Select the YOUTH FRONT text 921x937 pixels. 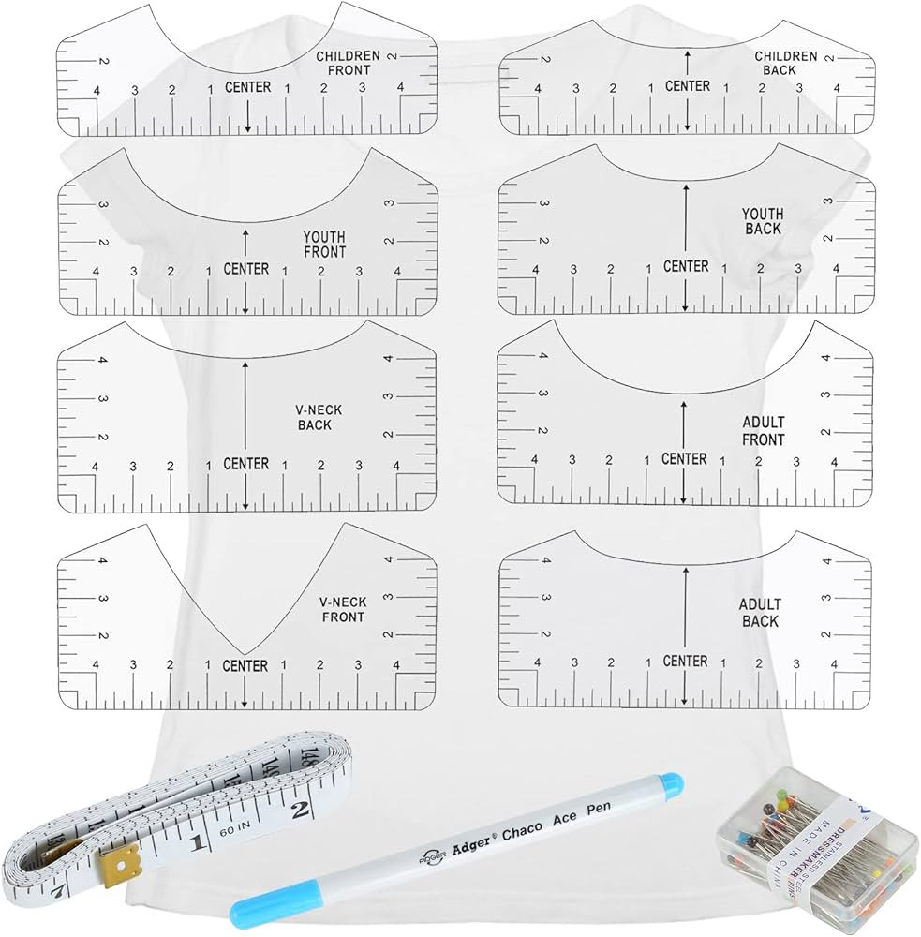[x=324, y=245]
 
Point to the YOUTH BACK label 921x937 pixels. [x=763, y=222]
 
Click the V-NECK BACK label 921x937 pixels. [x=312, y=418]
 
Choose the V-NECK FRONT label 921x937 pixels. [x=342, y=610]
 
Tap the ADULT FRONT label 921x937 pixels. [x=763, y=431]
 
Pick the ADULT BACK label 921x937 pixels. [x=759, y=613]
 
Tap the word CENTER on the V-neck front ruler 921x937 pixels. [x=245, y=666]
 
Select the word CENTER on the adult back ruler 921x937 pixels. [x=685, y=662]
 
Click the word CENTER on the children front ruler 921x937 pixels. [x=248, y=87]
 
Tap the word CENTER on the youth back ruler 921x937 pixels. [x=686, y=267]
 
